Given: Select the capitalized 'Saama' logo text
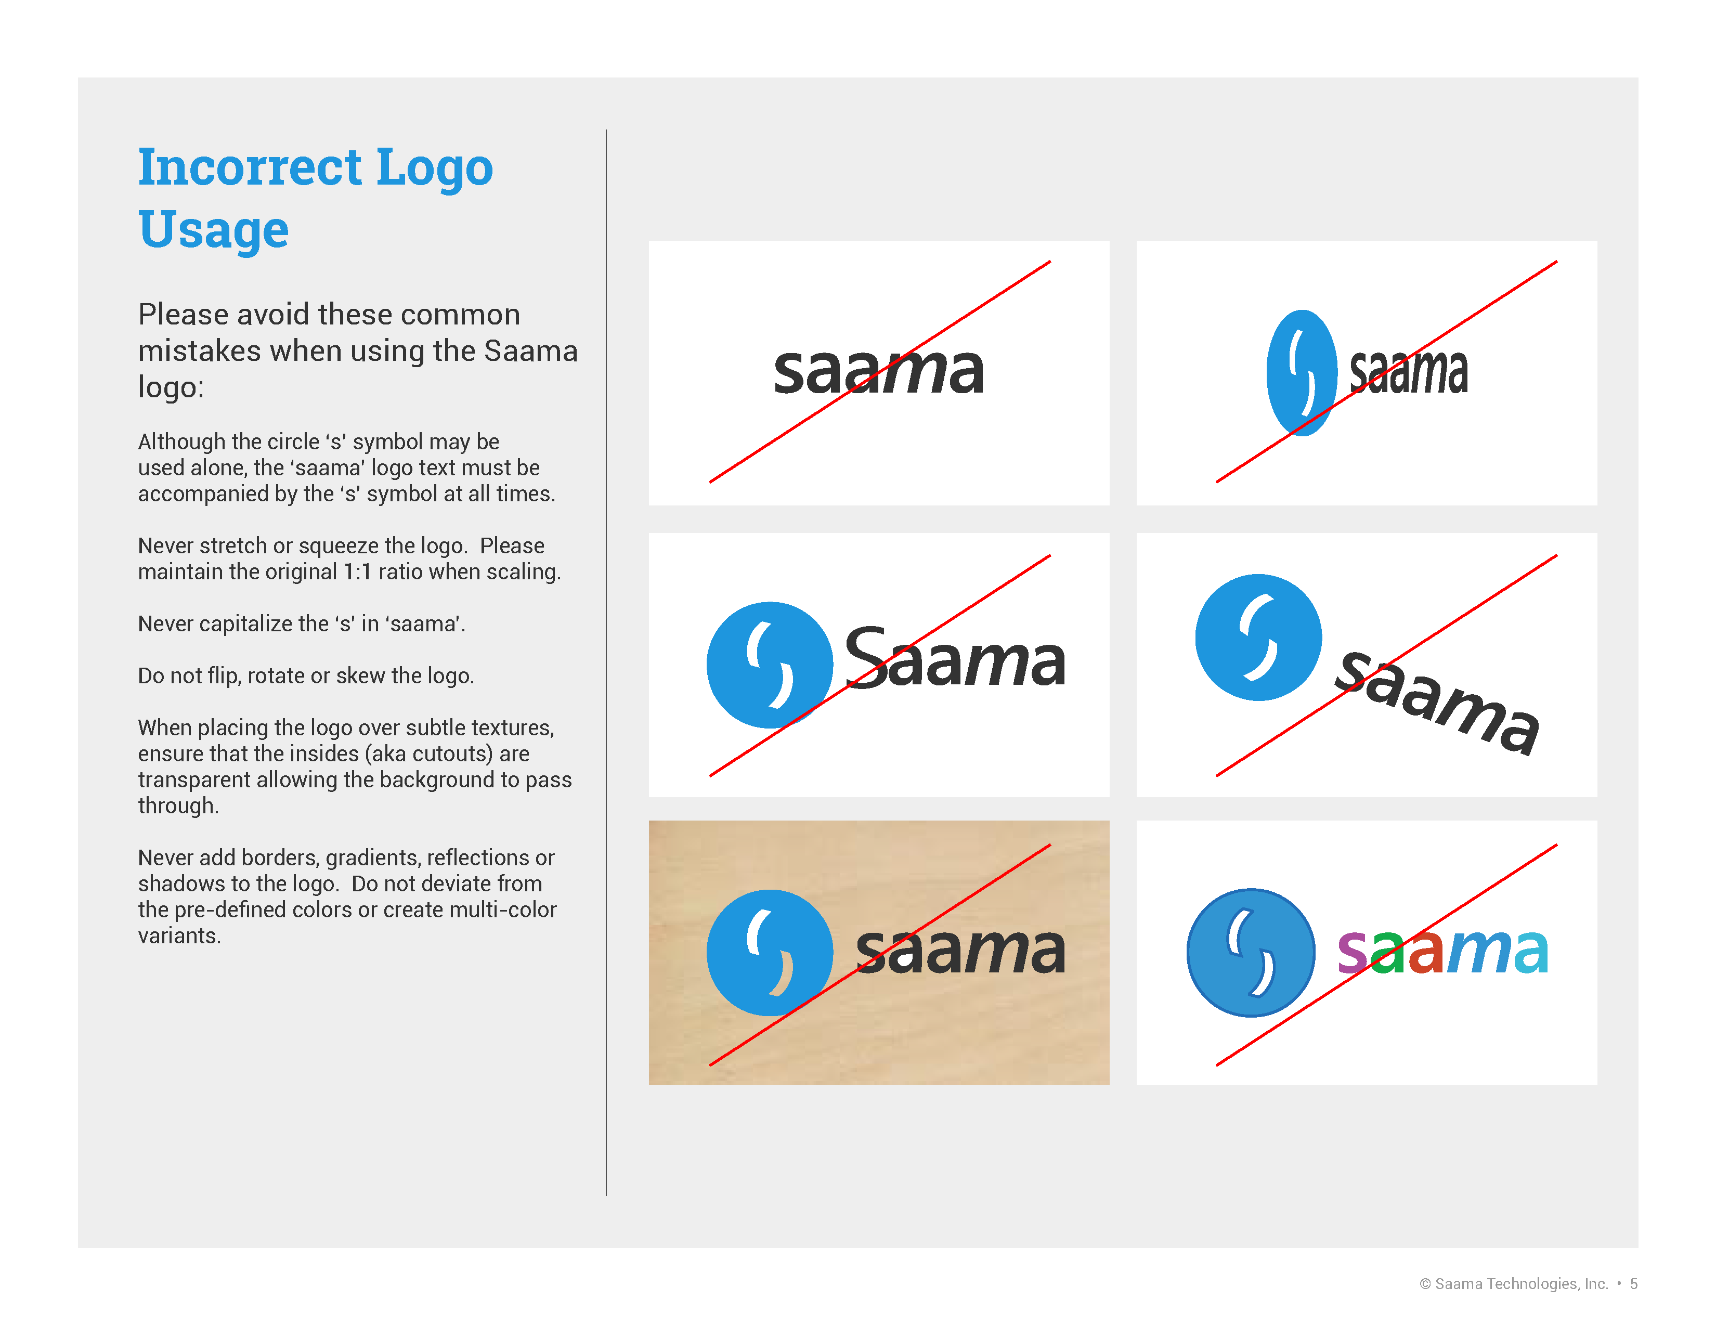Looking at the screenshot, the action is pyautogui.click(x=955, y=657).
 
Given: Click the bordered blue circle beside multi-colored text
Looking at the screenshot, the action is pyautogui.click(x=1250, y=952).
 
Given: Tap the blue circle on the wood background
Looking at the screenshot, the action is pyautogui.click(x=769, y=952).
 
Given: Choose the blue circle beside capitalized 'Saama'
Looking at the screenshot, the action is pyautogui.click(x=769, y=665).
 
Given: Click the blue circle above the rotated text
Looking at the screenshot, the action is pyautogui.click(x=1258, y=637).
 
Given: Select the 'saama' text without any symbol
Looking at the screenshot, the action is pyautogui.click(x=878, y=371).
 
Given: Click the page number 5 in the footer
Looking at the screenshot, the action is pyautogui.click(x=1633, y=1283).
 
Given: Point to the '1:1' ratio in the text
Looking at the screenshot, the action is pyautogui.click(x=358, y=572).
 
